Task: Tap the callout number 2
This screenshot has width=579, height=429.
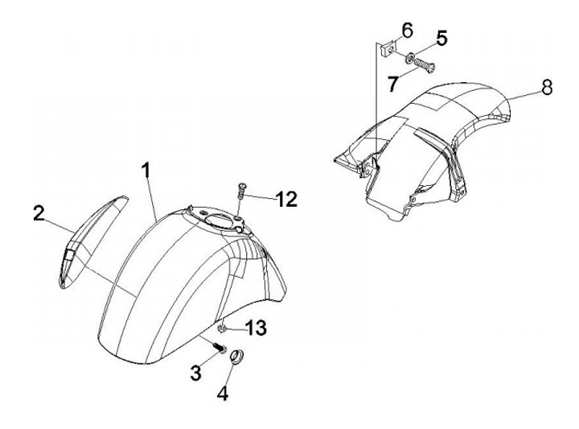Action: click(x=39, y=214)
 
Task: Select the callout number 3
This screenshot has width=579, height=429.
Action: click(x=195, y=373)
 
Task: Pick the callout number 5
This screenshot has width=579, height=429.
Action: click(x=441, y=39)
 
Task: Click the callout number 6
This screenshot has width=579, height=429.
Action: click(x=407, y=31)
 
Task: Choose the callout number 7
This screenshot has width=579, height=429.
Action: click(x=393, y=84)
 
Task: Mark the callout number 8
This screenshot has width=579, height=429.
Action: click(x=547, y=87)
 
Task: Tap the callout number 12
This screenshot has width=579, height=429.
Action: click(x=287, y=200)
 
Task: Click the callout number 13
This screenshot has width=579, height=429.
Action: click(x=256, y=328)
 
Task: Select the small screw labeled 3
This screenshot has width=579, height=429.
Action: click(x=220, y=348)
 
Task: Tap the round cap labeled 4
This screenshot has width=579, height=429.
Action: click(x=236, y=357)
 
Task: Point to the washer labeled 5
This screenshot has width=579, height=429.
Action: click(x=410, y=59)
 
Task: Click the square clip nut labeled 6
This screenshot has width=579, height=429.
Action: click(x=388, y=49)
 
